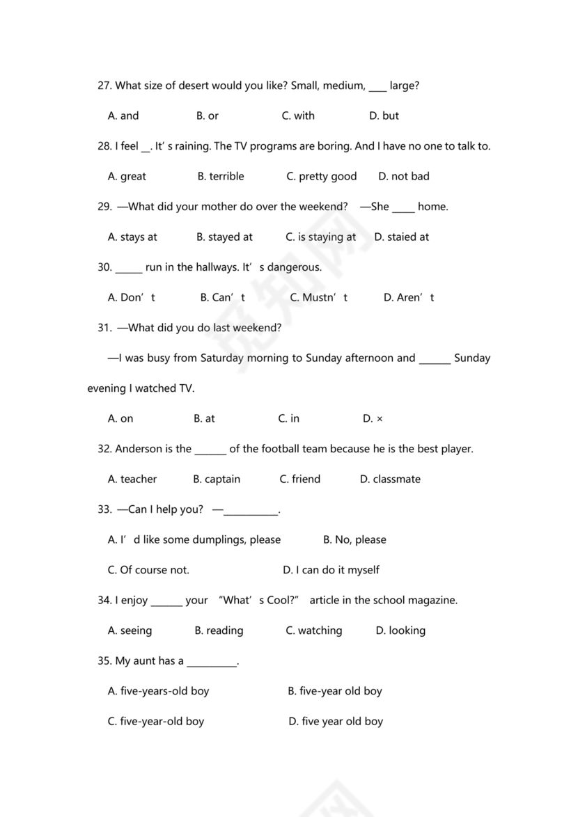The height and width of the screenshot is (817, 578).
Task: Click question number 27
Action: [x=104, y=86]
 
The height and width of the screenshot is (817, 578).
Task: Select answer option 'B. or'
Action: [x=208, y=116]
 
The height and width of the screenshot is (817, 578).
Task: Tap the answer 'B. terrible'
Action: [x=221, y=177]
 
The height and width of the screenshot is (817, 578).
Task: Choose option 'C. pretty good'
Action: [x=322, y=177]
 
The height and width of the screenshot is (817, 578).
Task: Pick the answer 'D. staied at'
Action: [x=402, y=237]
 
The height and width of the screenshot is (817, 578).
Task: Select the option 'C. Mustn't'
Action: [x=315, y=298]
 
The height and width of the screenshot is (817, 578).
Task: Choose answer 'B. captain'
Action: [x=217, y=479]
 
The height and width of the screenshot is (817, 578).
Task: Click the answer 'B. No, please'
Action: [x=354, y=540]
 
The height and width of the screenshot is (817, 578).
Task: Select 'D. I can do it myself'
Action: [x=331, y=571]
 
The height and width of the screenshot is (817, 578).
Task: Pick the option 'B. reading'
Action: [x=219, y=631]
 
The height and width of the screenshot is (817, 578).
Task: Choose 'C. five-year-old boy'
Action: [x=156, y=722]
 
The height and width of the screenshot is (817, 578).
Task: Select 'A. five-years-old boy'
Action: [x=158, y=692]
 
